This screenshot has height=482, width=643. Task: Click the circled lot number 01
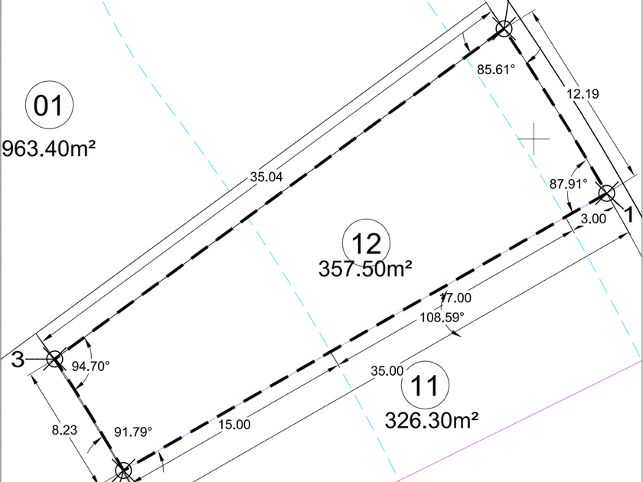pos(49,105)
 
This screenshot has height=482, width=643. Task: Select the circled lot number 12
pos(366,243)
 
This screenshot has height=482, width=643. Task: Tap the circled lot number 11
pos(425,386)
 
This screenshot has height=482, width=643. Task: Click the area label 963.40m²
pos(49,148)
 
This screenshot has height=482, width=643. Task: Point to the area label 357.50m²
pos(365,269)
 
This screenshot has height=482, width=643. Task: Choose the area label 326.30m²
pos(432,420)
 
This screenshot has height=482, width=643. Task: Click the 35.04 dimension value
pos(266,177)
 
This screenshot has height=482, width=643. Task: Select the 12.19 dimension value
pos(583,94)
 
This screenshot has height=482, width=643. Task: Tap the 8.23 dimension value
pos(64,430)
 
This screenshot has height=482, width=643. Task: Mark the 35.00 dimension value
pos(387,371)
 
